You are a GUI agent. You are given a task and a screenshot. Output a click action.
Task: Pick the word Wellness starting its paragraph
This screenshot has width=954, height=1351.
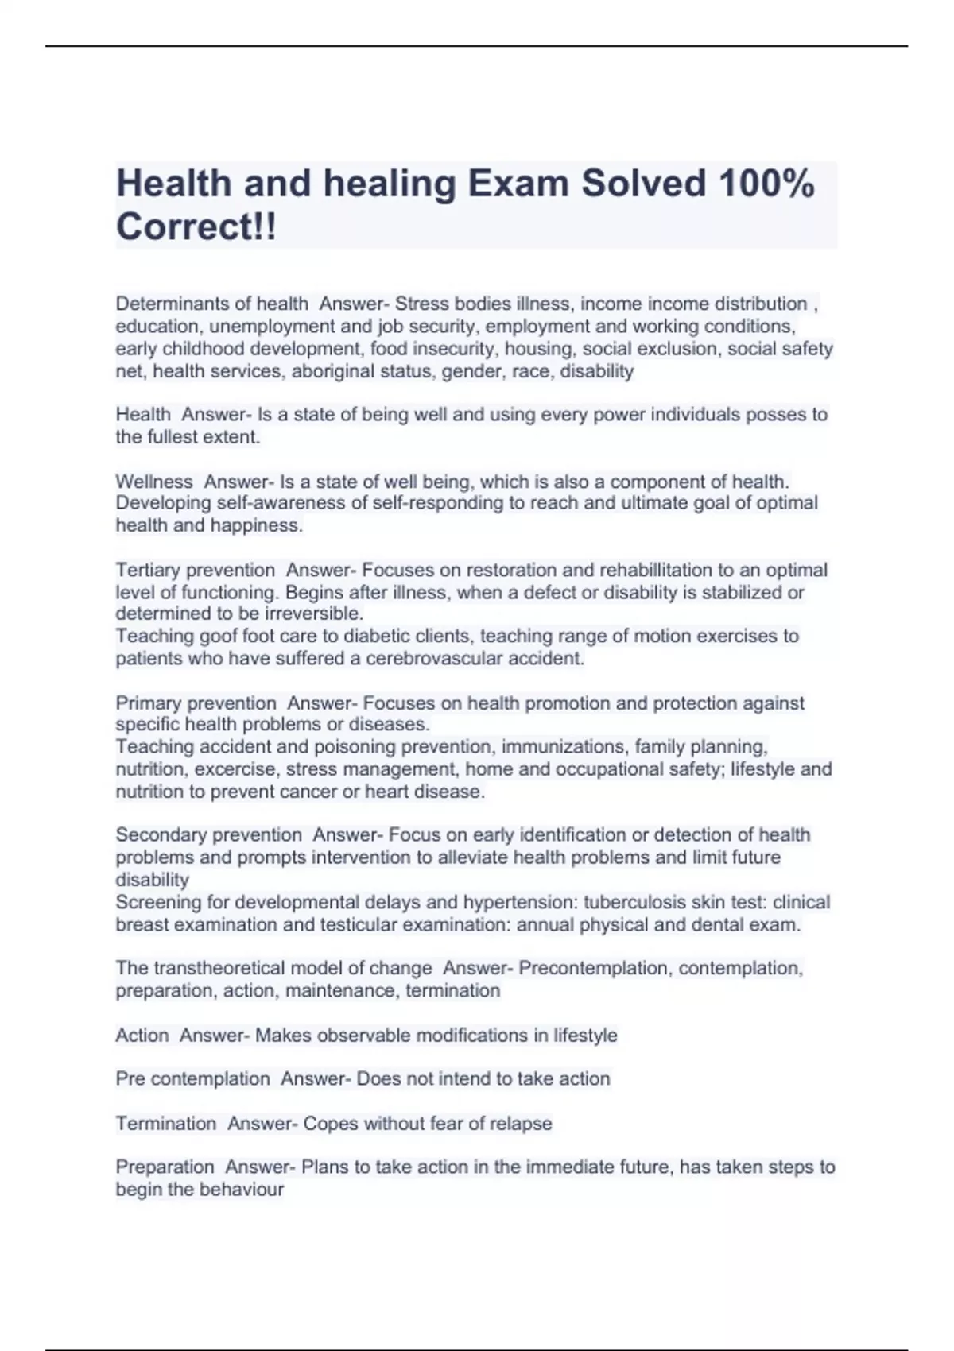154,482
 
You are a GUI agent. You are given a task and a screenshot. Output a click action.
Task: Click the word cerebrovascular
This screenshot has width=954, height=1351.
432,658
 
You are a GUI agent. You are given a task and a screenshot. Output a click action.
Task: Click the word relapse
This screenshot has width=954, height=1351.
521,1124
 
